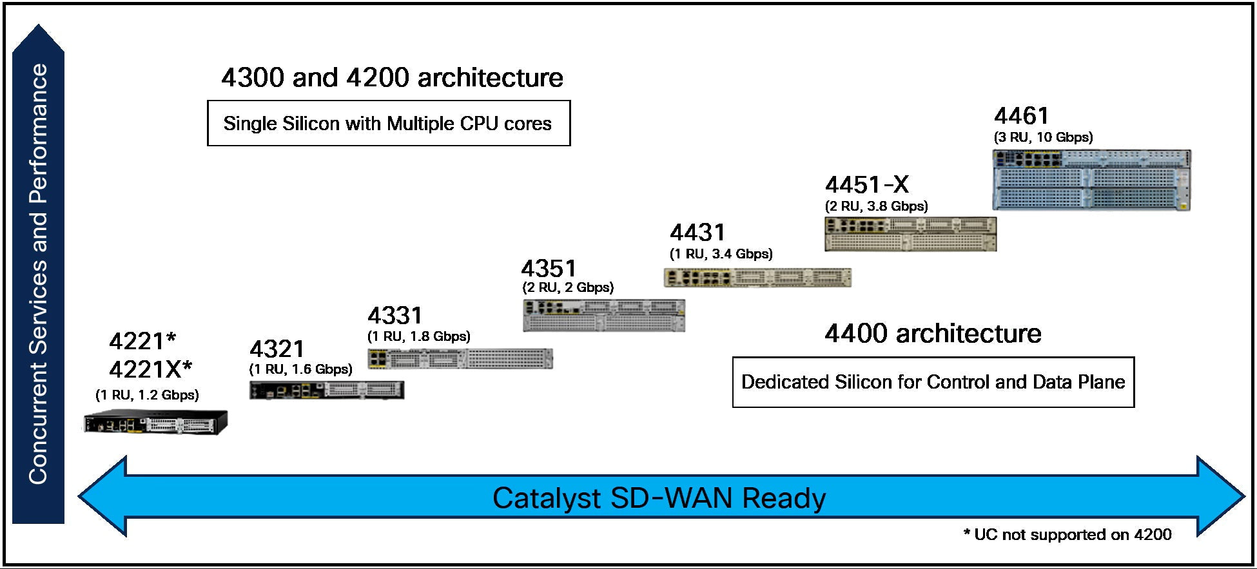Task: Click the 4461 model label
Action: tap(1022, 116)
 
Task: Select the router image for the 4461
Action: tap(1091, 180)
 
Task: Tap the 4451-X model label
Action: tap(867, 185)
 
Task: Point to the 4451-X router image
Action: tap(910, 234)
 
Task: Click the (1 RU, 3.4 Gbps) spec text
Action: tap(721, 254)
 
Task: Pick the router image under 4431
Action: tap(757, 278)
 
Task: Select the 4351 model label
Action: tap(549, 268)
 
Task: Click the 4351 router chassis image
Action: tap(603, 315)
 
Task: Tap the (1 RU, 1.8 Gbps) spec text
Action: tap(418, 336)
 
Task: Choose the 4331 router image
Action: tap(460, 358)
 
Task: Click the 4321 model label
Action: tap(277, 349)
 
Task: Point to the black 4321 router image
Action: tap(326, 390)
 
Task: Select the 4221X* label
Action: tap(150, 370)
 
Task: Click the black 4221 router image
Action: tap(155, 423)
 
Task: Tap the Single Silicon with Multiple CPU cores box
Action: tap(388, 123)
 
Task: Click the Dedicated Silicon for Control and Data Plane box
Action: tap(933, 382)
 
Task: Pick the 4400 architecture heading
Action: tap(933, 334)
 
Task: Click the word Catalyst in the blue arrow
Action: tap(547, 498)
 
